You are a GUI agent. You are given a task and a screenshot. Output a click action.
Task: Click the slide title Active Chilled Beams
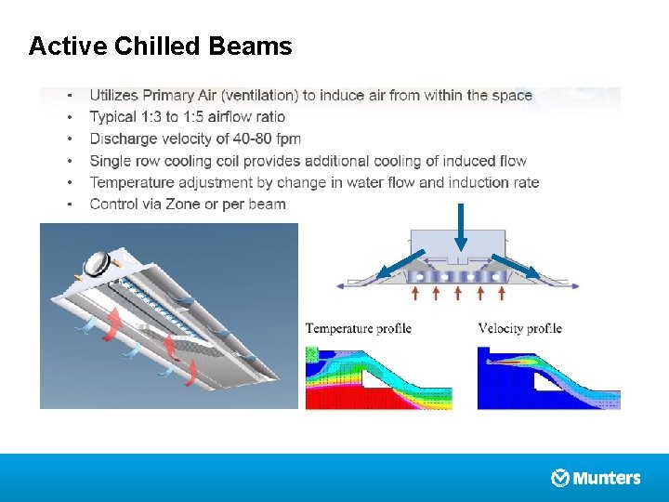click(x=160, y=46)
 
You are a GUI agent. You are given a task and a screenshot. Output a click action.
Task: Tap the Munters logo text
click(x=607, y=478)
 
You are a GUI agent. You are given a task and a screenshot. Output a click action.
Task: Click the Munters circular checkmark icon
click(x=560, y=478)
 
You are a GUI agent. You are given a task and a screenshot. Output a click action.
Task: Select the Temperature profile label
click(x=358, y=328)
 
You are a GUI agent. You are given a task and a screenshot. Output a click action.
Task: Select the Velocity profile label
click(x=519, y=328)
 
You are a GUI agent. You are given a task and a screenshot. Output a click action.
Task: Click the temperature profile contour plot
click(x=378, y=376)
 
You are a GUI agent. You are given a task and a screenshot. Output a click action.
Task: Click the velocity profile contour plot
click(x=548, y=376)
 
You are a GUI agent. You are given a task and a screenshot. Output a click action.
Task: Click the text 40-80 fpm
click(x=265, y=139)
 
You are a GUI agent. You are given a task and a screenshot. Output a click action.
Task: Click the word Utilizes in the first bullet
click(x=114, y=95)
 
